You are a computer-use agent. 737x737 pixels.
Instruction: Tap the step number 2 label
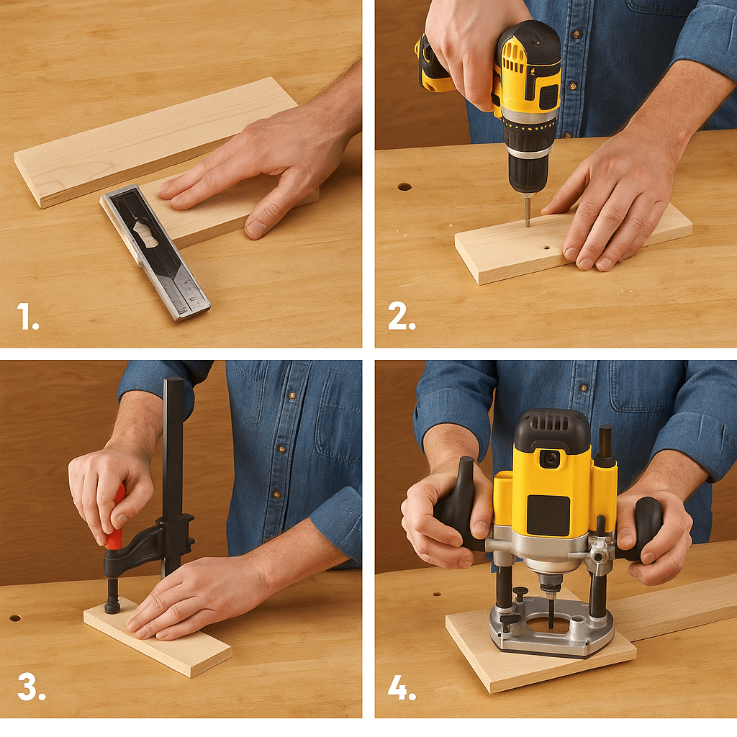pyautogui.click(x=401, y=317)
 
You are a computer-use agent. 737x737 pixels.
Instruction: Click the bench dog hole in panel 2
pyautogui.click(x=404, y=186)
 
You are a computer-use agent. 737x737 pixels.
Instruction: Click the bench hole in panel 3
pyautogui.click(x=14, y=618)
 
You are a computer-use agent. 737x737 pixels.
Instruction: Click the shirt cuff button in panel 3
pyautogui.click(x=276, y=494)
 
